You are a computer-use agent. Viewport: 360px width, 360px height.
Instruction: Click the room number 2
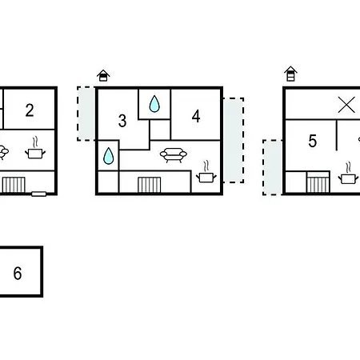[x=30, y=110]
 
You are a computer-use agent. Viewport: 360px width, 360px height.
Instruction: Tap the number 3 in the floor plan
[x=122, y=121]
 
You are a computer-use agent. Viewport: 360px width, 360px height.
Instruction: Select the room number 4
[x=196, y=116]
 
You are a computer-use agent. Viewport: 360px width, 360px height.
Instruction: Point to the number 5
[x=313, y=141]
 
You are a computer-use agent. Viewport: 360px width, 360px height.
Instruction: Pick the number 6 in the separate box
[x=18, y=274]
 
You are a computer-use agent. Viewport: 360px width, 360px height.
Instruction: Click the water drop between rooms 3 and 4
[x=154, y=103]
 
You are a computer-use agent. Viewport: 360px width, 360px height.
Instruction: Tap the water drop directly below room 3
[x=108, y=156]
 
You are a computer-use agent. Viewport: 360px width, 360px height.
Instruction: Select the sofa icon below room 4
[x=174, y=155]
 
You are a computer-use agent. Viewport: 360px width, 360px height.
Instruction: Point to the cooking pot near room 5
[x=348, y=174]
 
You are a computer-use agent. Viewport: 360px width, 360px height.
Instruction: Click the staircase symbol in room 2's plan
[x=14, y=185]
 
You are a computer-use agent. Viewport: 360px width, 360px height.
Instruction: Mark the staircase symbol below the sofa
[x=150, y=185]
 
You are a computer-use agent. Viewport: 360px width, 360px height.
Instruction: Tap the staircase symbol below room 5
[x=318, y=182]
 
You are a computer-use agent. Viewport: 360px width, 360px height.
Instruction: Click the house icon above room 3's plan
[x=103, y=75]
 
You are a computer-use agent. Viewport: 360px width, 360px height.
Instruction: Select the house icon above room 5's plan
[x=290, y=74]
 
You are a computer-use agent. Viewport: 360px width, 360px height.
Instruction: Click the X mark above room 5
[x=346, y=105]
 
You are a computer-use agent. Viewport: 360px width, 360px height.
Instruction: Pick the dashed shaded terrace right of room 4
[x=234, y=140]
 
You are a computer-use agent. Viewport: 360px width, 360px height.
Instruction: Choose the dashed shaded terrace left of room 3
[x=86, y=114]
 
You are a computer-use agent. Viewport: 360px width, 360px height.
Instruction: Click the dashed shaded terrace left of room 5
[x=273, y=167]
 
